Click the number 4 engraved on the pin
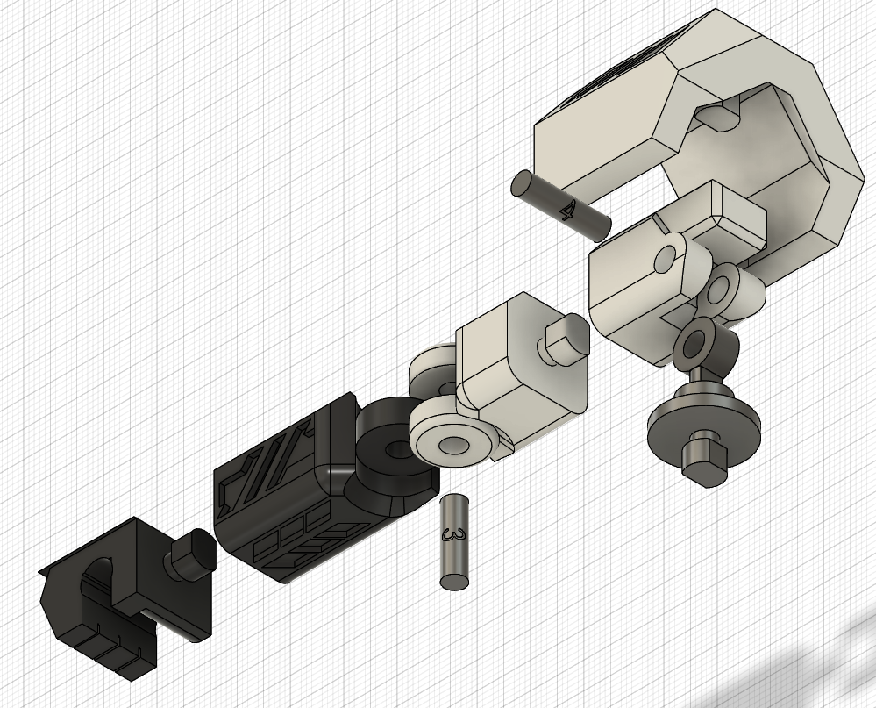click(x=569, y=211)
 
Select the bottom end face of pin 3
click(x=455, y=581)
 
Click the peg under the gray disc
click(x=705, y=458)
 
